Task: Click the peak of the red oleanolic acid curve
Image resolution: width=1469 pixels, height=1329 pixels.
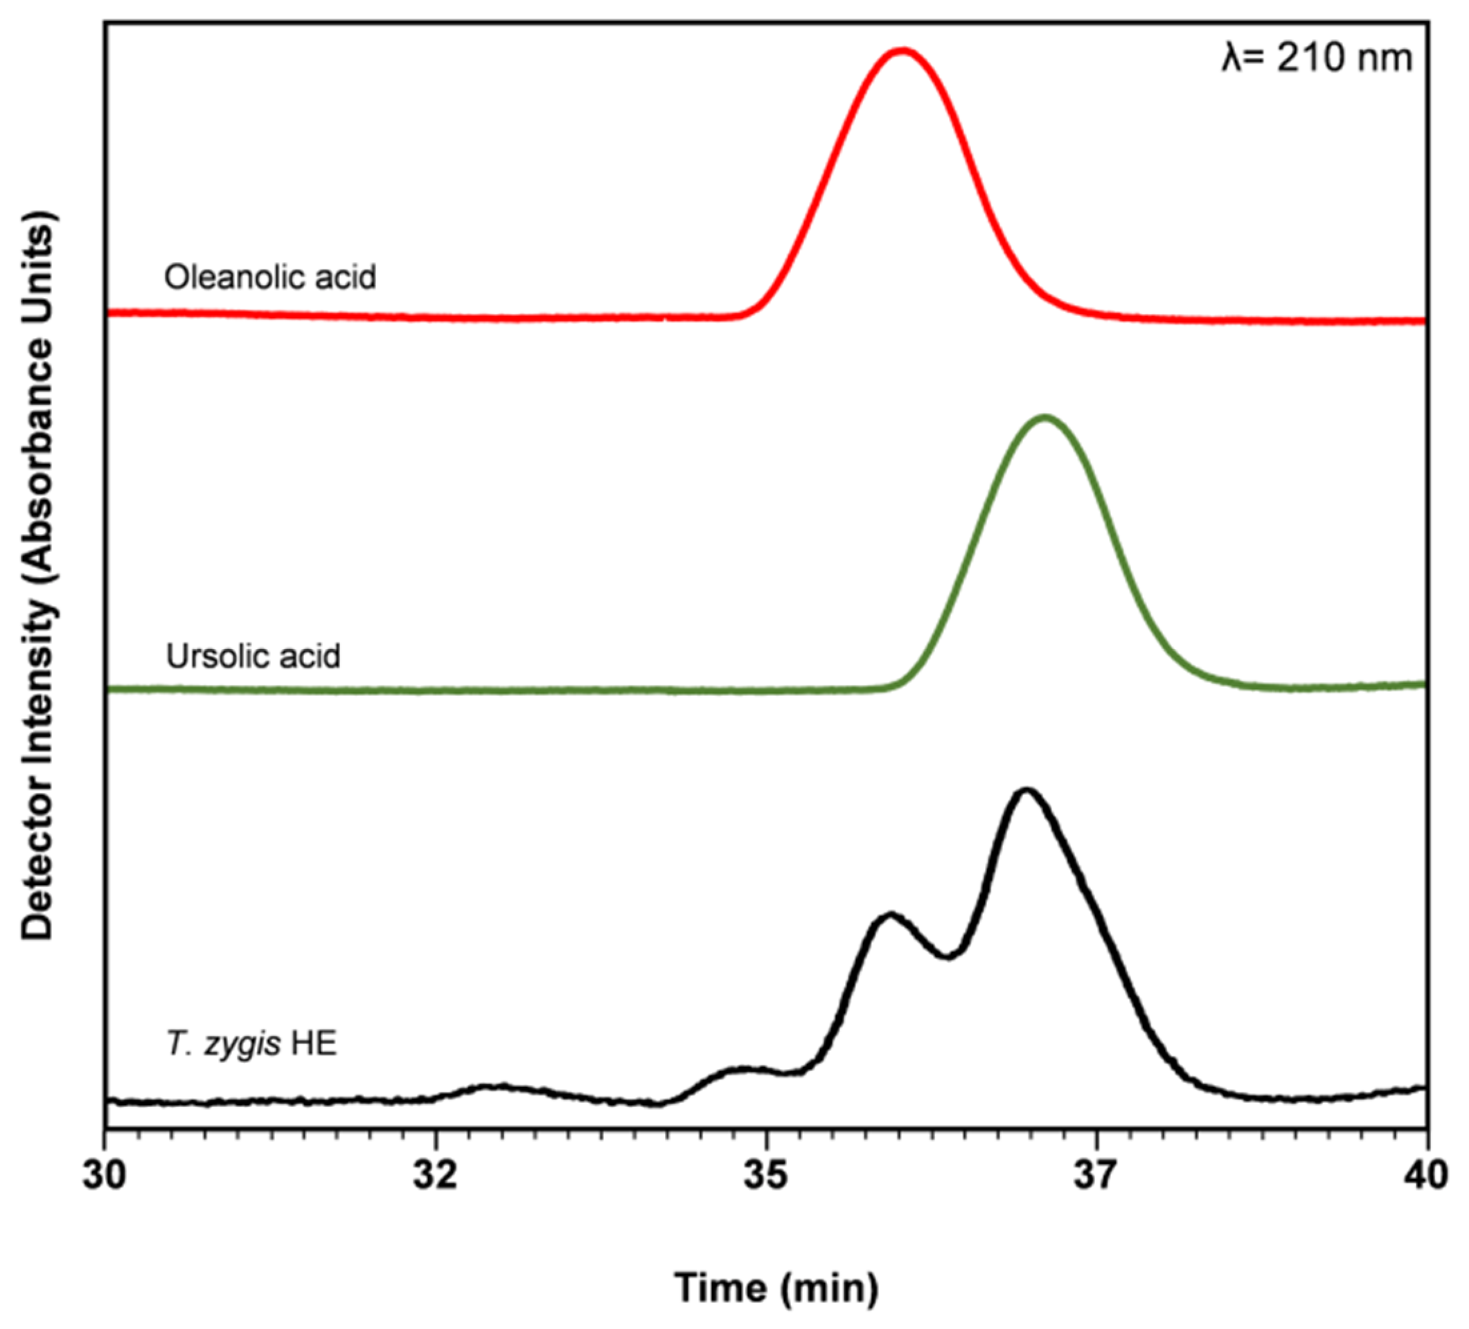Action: click(x=904, y=52)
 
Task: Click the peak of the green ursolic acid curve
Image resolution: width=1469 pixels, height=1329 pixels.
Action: click(x=1045, y=419)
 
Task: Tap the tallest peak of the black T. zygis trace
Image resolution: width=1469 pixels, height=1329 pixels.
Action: click(x=1026, y=792)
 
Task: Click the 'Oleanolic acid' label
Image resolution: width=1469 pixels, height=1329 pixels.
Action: click(x=269, y=277)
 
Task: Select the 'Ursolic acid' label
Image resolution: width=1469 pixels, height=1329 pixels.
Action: click(x=253, y=656)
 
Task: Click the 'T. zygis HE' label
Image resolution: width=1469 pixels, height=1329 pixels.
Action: click(x=251, y=1044)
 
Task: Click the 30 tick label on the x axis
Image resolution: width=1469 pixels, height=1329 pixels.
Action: click(x=105, y=1176)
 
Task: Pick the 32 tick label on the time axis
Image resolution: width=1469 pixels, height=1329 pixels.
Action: click(x=435, y=1176)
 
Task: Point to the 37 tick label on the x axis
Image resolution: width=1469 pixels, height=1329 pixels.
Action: click(x=1097, y=1176)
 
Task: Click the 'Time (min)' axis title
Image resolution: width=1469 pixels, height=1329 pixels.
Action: click(x=777, y=1288)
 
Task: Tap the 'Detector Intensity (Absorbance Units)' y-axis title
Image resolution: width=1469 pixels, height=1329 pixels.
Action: click(x=38, y=575)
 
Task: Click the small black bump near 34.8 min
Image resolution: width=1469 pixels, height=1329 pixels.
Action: click(x=744, y=1070)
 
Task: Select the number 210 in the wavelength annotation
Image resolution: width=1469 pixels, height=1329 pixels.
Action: click(x=1310, y=58)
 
